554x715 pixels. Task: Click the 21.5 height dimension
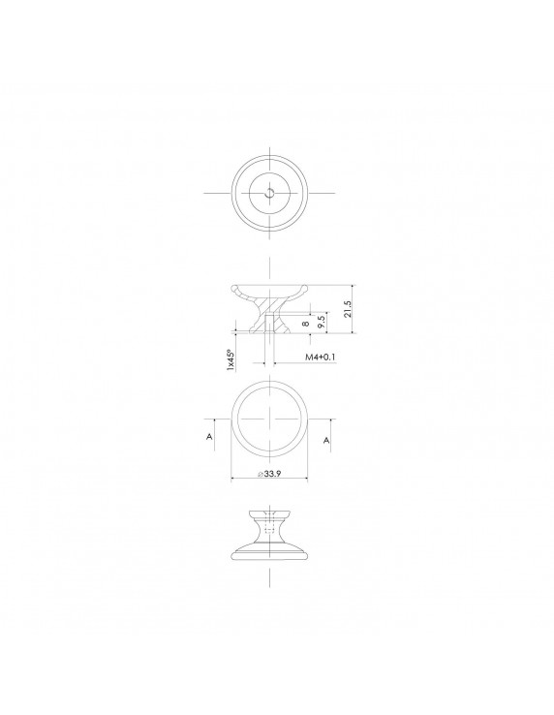click(x=346, y=310)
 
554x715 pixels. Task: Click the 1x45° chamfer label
click(x=231, y=360)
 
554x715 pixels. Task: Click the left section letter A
click(x=209, y=439)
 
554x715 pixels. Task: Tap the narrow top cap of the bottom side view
click(x=269, y=511)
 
